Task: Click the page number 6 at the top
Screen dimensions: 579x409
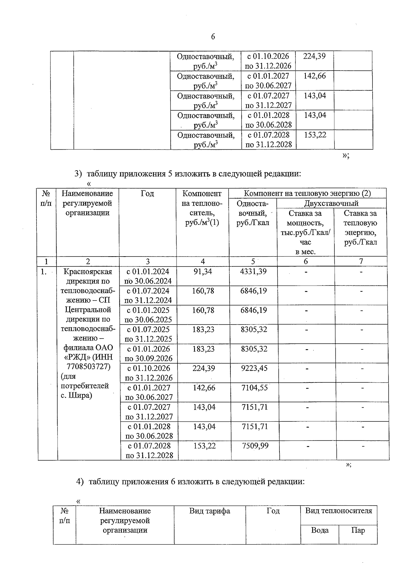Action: [x=213, y=37]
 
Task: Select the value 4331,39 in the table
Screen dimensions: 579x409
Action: [x=253, y=272]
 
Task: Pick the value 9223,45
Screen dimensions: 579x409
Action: [x=254, y=368]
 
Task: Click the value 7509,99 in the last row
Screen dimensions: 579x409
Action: [x=255, y=446]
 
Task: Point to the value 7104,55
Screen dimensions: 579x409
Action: [x=255, y=388]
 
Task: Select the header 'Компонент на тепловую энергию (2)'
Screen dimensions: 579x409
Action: [x=307, y=193]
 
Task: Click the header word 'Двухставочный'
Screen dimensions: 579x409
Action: [x=331, y=204]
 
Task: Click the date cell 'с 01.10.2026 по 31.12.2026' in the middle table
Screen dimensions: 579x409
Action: [x=149, y=373]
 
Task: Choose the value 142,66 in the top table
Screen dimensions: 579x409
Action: [x=315, y=76]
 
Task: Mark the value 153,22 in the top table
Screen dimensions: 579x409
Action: [x=315, y=135]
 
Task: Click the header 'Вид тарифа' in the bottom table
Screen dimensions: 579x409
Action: [x=210, y=511]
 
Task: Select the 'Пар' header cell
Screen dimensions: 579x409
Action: [x=358, y=531]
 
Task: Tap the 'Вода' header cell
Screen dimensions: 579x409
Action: [x=320, y=531]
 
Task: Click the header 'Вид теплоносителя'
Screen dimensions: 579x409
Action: [x=338, y=511]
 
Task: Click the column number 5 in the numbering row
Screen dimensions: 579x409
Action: [x=253, y=261]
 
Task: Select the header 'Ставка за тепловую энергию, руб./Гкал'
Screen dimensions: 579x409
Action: [x=360, y=228]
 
